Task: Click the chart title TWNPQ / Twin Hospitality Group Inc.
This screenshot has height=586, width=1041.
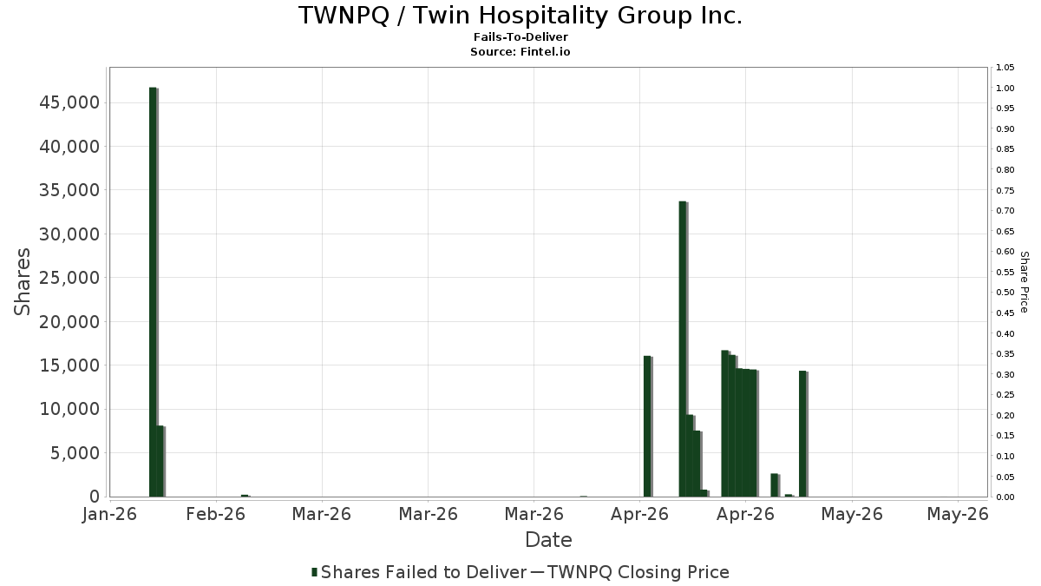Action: (520, 16)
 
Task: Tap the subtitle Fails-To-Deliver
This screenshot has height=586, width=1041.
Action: (520, 36)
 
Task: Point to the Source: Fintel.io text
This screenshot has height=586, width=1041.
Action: (520, 51)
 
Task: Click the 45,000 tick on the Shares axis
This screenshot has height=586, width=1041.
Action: (69, 102)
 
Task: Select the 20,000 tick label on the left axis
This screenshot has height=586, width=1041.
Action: (69, 321)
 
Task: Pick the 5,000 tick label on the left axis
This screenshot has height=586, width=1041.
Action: (75, 453)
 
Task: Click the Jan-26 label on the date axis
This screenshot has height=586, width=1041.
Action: (109, 514)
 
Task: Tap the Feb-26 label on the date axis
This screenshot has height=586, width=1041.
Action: (216, 514)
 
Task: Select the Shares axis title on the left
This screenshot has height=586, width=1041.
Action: (22, 281)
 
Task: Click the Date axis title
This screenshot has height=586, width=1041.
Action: (548, 540)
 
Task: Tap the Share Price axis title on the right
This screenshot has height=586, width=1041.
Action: (1024, 282)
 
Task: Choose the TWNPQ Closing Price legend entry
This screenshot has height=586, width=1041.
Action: (630, 572)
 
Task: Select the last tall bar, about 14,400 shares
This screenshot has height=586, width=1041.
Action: (803, 434)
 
